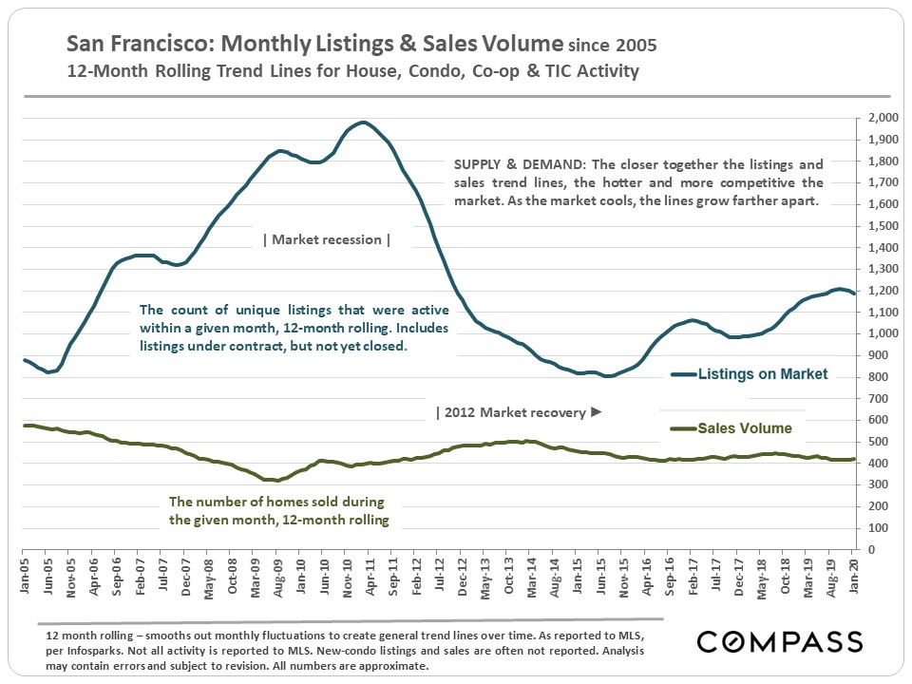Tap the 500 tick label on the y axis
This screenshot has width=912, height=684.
[x=883, y=442]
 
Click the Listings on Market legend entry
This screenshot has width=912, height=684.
[x=763, y=374]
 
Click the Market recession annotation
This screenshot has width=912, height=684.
[x=327, y=239]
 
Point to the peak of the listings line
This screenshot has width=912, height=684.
[x=362, y=122]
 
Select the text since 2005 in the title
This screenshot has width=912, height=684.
[x=612, y=45]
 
